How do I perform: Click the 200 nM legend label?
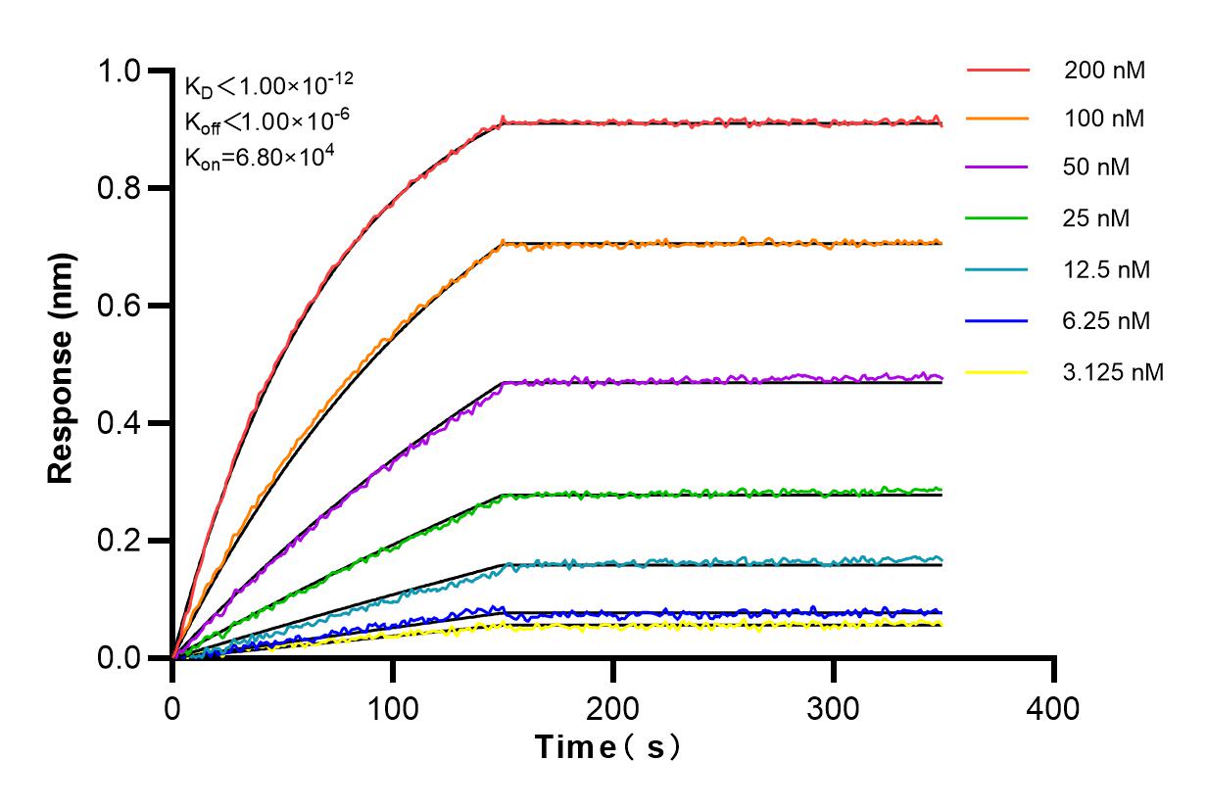pyautogui.click(x=1105, y=71)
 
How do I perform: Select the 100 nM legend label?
pyautogui.click(x=1105, y=119)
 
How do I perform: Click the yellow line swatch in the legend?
pyautogui.click(x=998, y=372)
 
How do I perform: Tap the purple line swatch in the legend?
pyautogui.click(x=998, y=168)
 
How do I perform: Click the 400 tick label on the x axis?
pyautogui.click(x=1054, y=707)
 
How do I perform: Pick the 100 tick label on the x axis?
pyautogui.click(x=393, y=707)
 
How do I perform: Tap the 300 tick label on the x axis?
pyautogui.click(x=834, y=707)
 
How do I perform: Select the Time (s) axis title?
pyautogui.click(x=607, y=748)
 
